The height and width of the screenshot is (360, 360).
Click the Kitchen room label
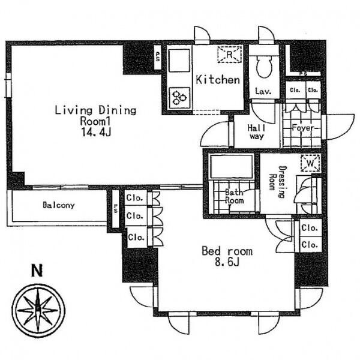click(218, 80)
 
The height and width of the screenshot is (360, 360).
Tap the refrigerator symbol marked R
click(229, 54)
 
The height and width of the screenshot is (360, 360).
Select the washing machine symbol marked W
click(310, 163)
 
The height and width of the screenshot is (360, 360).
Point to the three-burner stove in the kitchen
click(179, 98)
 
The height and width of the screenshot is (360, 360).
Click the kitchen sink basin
click(179, 61)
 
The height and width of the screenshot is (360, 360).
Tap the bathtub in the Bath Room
click(232, 166)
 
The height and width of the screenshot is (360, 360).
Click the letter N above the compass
click(37, 271)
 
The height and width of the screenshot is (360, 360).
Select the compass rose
click(38, 311)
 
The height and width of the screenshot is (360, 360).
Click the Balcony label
click(59, 205)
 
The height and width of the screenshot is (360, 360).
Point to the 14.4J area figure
click(96, 132)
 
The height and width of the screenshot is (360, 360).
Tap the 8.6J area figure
click(227, 262)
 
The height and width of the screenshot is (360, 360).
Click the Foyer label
click(302, 128)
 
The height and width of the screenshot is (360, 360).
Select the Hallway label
click(257, 132)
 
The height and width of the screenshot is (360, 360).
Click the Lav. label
click(263, 91)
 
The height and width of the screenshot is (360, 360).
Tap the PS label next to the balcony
click(115, 208)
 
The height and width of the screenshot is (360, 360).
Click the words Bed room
click(227, 251)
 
